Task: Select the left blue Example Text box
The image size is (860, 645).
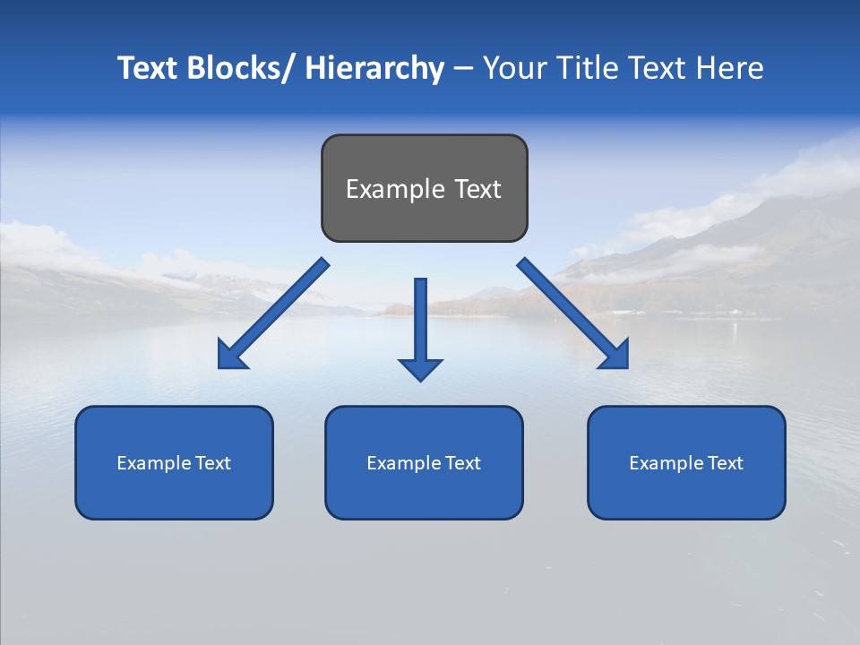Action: pos(174,462)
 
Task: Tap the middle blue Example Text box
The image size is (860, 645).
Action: pos(424,462)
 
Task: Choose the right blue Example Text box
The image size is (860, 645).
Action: pos(686,462)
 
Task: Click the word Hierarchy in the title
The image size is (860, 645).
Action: pos(374,68)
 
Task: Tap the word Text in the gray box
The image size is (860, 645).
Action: pos(477,189)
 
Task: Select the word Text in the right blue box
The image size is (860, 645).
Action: pos(725,463)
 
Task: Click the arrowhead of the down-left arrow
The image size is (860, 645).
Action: pos(230,357)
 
